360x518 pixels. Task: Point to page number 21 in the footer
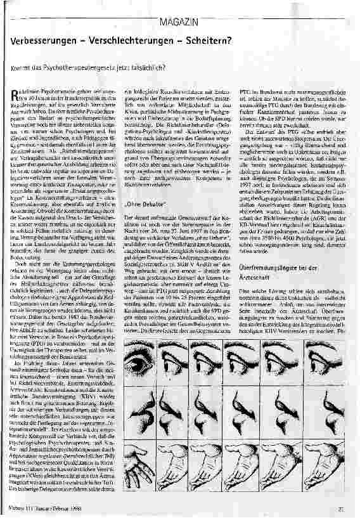340,505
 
